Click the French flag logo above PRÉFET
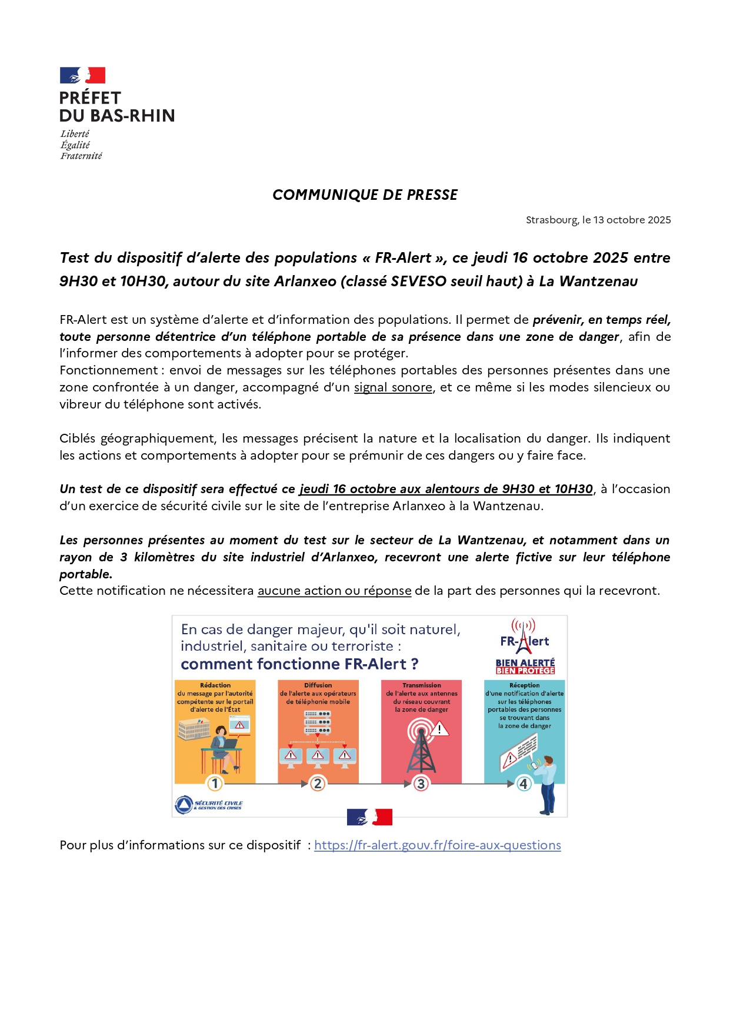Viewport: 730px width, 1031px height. pyautogui.click(x=82, y=75)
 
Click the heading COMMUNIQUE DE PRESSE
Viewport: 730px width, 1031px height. pyautogui.click(x=365, y=195)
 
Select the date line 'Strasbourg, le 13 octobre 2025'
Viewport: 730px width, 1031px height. pyautogui.click(x=598, y=220)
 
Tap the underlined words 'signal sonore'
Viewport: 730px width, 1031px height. pyautogui.click(x=393, y=387)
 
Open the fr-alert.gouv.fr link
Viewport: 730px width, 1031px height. pyautogui.click(x=437, y=845)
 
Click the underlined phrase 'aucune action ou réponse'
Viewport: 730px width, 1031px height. pyautogui.click(x=334, y=591)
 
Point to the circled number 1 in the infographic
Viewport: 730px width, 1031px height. pyautogui.click(x=215, y=784)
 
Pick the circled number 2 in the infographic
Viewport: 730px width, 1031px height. pyautogui.click(x=318, y=784)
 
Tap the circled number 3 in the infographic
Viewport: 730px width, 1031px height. pyautogui.click(x=421, y=784)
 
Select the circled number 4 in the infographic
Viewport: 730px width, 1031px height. pyautogui.click(x=524, y=784)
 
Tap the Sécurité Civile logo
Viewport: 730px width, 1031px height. pyautogui.click(x=209, y=804)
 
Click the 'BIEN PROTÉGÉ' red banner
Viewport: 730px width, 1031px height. pyautogui.click(x=525, y=671)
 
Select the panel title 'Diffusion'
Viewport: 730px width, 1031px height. pyautogui.click(x=318, y=685)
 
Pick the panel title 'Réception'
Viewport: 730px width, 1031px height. pyautogui.click(x=524, y=685)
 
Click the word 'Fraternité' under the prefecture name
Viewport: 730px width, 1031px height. pyautogui.click(x=81, y=156)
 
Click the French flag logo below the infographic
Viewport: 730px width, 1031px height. pyautogui.click(x=369, y=817)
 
